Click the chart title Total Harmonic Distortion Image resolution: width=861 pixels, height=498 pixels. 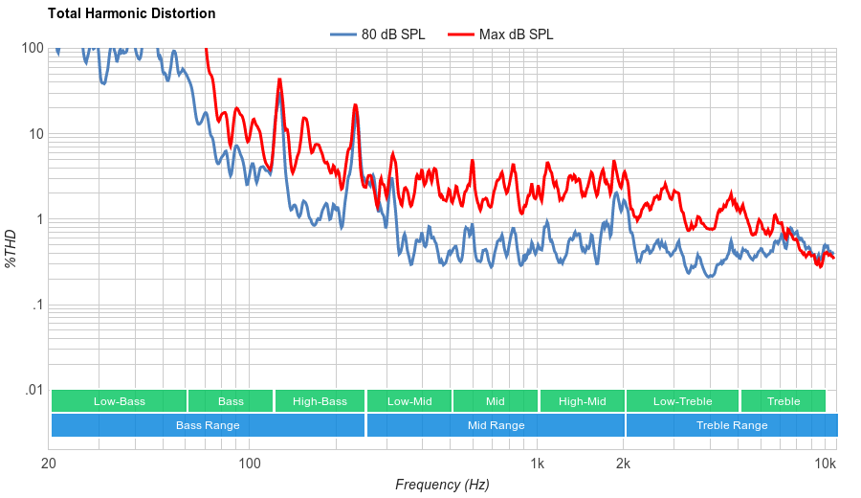(x=131, y=13)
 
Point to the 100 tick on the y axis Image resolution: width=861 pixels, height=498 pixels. (x=32, y=48)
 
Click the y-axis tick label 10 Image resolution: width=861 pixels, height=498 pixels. (x=35, y=134)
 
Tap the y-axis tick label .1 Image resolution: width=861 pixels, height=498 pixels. (x=37, y=306)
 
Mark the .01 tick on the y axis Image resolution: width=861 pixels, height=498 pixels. (x=33, y=391)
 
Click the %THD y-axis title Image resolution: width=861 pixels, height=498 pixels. (x=11, y=248)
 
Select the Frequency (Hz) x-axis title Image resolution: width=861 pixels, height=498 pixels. (x=442, y=485)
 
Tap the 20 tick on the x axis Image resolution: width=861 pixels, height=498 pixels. (x=50, y=464)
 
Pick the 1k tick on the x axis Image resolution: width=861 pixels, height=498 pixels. (x=538, y=464)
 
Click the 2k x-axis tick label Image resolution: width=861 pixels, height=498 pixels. (x=624, y=464)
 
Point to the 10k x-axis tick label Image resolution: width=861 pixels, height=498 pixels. (x=825, y=464)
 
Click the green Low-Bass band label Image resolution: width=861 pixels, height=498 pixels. (x=120, y=401)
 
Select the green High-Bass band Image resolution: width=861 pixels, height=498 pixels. (x=320, y=401)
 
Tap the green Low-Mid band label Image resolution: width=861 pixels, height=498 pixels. (x=409, y=401)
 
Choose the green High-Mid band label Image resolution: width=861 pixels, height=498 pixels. (x=582, y=401)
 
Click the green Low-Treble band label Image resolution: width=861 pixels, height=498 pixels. (x=682, y=401)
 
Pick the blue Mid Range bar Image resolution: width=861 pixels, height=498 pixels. (x=496, y=425)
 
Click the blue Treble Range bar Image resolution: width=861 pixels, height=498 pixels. (x=732, y=425)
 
